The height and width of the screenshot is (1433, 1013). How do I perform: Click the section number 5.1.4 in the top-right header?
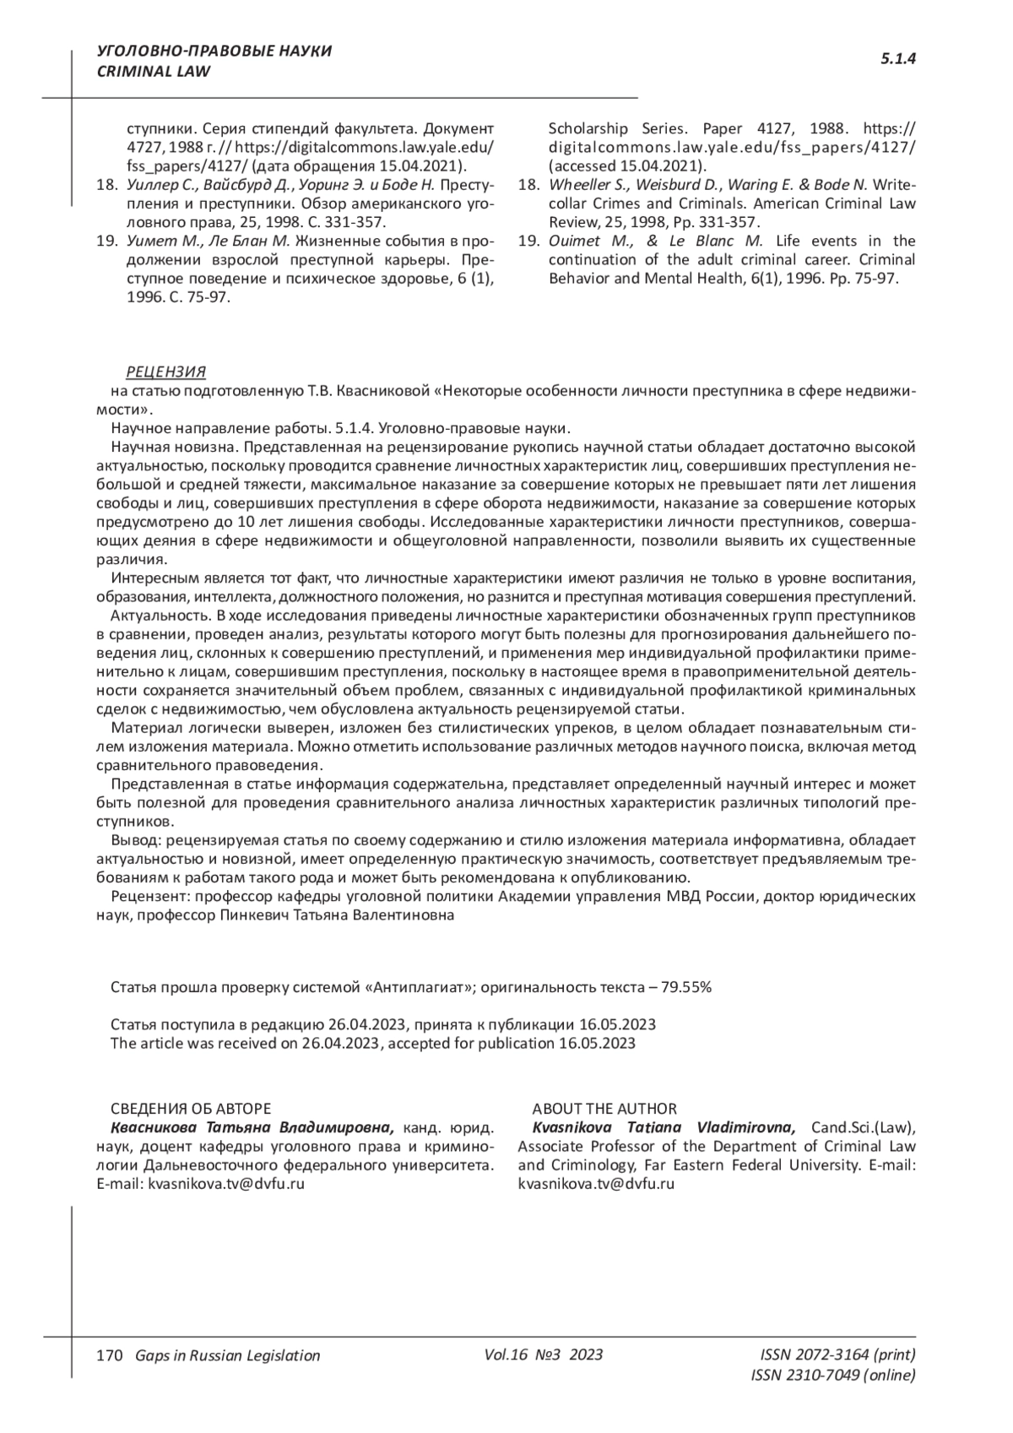pos(898,59)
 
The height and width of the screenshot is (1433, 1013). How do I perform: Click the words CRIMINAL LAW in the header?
pos(154,72)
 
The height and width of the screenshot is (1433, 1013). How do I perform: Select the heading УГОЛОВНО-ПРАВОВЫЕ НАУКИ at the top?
pos(214,52)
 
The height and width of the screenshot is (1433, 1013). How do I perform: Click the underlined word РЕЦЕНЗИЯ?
pos(165,372)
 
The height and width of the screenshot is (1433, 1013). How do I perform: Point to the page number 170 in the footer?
pos(110,1355)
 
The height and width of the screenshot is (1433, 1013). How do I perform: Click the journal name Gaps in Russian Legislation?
pos(228,1355)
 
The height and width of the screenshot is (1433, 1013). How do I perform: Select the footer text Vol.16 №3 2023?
pos(544,1354)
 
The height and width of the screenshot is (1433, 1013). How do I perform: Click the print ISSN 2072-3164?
pos(837,1354)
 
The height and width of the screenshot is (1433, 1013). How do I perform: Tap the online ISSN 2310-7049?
pos(832,1375)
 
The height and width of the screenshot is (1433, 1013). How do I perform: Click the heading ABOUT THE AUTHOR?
pos(604,1109)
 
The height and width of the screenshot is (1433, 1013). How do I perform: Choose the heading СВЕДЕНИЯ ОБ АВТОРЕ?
pos(191,1109)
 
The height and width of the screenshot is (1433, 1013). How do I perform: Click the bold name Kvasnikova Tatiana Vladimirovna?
pos(662,1127)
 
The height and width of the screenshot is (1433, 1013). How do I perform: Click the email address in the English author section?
pos(595,1183)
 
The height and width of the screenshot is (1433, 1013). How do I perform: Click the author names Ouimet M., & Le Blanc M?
pos(655,241)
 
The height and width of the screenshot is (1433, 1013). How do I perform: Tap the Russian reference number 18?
pos(106,185)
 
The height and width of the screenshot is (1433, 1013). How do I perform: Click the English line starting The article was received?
pos(372,1042)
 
